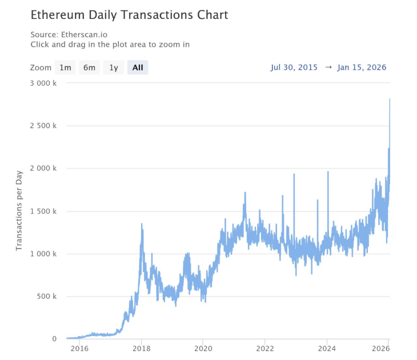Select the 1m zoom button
click(65, 67)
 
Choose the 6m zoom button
click(89, 67)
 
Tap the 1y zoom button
click(114, 67)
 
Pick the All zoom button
click(138, 67)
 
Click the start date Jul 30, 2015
click(294, 67)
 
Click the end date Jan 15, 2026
click(362, 67)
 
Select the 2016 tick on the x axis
click(79, 348)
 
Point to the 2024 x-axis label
click(326, 348)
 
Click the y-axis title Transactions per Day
click(19, 211)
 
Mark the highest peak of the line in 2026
click(390, 99)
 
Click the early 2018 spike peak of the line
click(142, 224)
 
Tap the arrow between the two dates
click(328, 67)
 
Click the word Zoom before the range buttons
click(41, 67)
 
